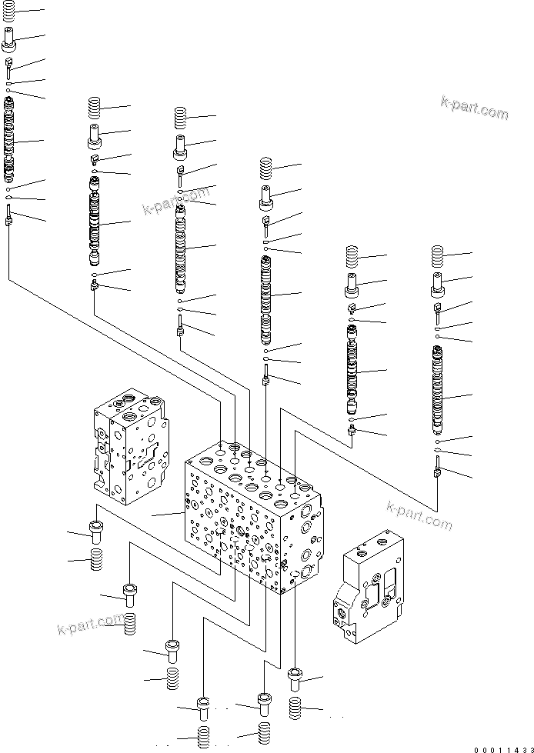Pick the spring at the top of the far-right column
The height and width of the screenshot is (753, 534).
pyautogui.click(x=438, y=255)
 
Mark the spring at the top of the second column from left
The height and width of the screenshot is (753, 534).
pyautogui.click(x=95, y=108)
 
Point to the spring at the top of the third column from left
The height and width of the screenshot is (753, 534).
pyautogui.click(x=181, y=117)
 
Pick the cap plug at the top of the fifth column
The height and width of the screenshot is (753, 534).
pyautogui.click(x=352, y=285)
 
